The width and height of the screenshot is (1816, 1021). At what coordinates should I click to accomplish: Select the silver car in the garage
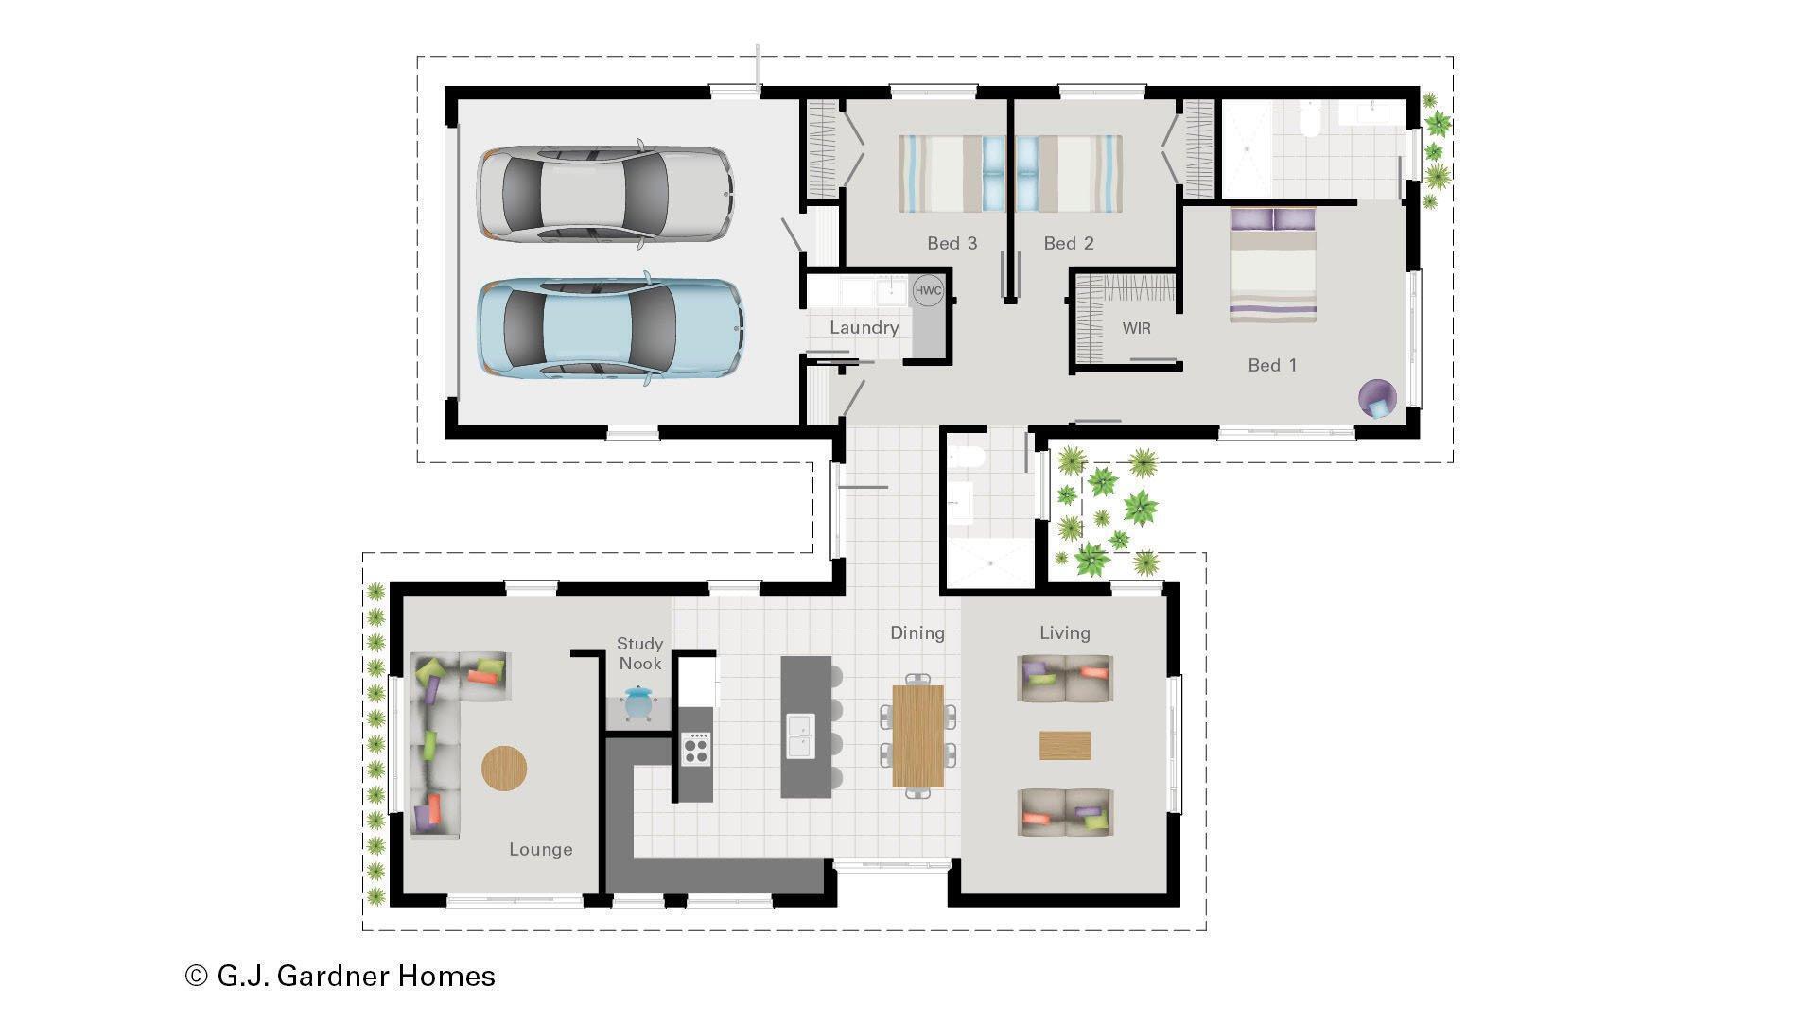(605, 193)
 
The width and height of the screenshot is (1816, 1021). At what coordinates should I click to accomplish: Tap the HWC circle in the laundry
(928, 290)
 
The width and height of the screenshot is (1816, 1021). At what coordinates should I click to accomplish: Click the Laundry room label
(864, 327)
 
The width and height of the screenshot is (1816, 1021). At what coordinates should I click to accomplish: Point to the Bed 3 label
(952, 243)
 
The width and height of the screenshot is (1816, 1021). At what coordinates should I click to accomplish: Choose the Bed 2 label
(1069, 243)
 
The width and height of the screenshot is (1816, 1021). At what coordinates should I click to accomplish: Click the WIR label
(1136, 328)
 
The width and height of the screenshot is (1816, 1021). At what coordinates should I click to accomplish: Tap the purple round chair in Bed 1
(1377, 398)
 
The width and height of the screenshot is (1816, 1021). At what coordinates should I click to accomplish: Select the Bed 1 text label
(1272, 365)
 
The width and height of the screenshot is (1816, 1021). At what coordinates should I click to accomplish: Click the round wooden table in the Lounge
(504, 768)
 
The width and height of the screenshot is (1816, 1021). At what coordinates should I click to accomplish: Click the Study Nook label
(640, 653)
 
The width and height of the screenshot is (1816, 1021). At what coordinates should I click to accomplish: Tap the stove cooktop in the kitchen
(697, 750)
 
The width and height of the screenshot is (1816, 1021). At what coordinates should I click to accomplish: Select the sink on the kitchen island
(800, 736)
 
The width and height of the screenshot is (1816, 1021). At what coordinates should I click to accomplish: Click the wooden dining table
(917, 735)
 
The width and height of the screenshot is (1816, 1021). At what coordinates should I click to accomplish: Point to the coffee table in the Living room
(1065, 745)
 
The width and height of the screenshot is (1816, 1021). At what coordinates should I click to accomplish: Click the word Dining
(917, 632)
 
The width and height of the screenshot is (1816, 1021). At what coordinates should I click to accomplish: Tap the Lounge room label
(540, 849)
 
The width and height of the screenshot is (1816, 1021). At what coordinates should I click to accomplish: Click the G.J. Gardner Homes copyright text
(340, 976)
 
